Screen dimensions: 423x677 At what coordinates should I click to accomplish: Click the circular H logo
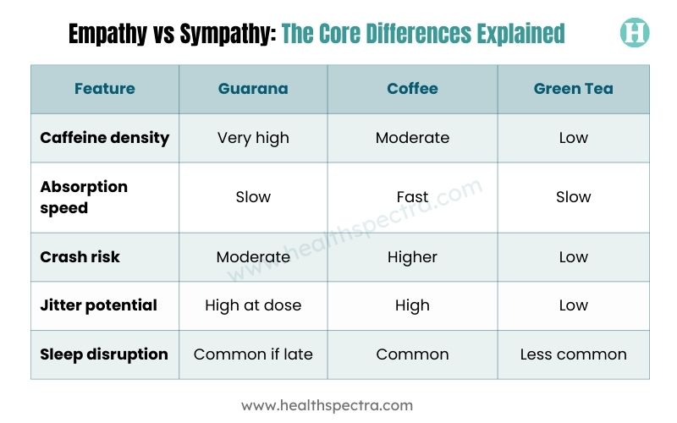click(634, 33)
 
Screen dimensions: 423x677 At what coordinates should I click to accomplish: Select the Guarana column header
click(253, 89)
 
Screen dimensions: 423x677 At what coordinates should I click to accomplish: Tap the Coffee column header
click(412, 89)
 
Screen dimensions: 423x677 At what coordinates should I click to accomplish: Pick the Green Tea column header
click(573, 89)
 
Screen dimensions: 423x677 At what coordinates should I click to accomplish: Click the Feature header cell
click(104, 89)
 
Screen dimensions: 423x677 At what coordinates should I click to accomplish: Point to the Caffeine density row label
click(104, 137)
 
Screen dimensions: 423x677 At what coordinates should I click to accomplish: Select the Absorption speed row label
click(84, 197)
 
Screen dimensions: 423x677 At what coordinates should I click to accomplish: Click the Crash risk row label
click(80, 257)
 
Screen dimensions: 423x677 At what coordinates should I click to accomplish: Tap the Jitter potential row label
click(98, 305)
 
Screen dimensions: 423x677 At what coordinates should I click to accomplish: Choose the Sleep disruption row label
click(104, 354)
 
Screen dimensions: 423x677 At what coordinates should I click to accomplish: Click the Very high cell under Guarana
click(253, 137)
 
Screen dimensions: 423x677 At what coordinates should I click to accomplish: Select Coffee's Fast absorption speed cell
click(412, 197)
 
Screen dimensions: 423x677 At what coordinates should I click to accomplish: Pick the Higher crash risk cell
click(412, 257)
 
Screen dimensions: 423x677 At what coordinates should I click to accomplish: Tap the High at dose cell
click(253, 305)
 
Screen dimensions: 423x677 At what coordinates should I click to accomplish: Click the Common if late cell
click(253, 354)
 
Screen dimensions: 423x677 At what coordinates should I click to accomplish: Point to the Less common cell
click(573, 354)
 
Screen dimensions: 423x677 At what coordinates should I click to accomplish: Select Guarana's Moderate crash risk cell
click(253, 257)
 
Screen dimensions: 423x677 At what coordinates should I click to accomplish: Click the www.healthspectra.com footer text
click(327, 405)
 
